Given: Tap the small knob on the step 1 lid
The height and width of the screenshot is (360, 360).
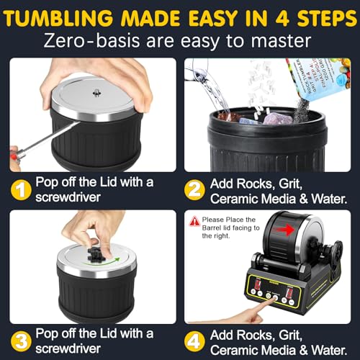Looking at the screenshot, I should tap(96, 92).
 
